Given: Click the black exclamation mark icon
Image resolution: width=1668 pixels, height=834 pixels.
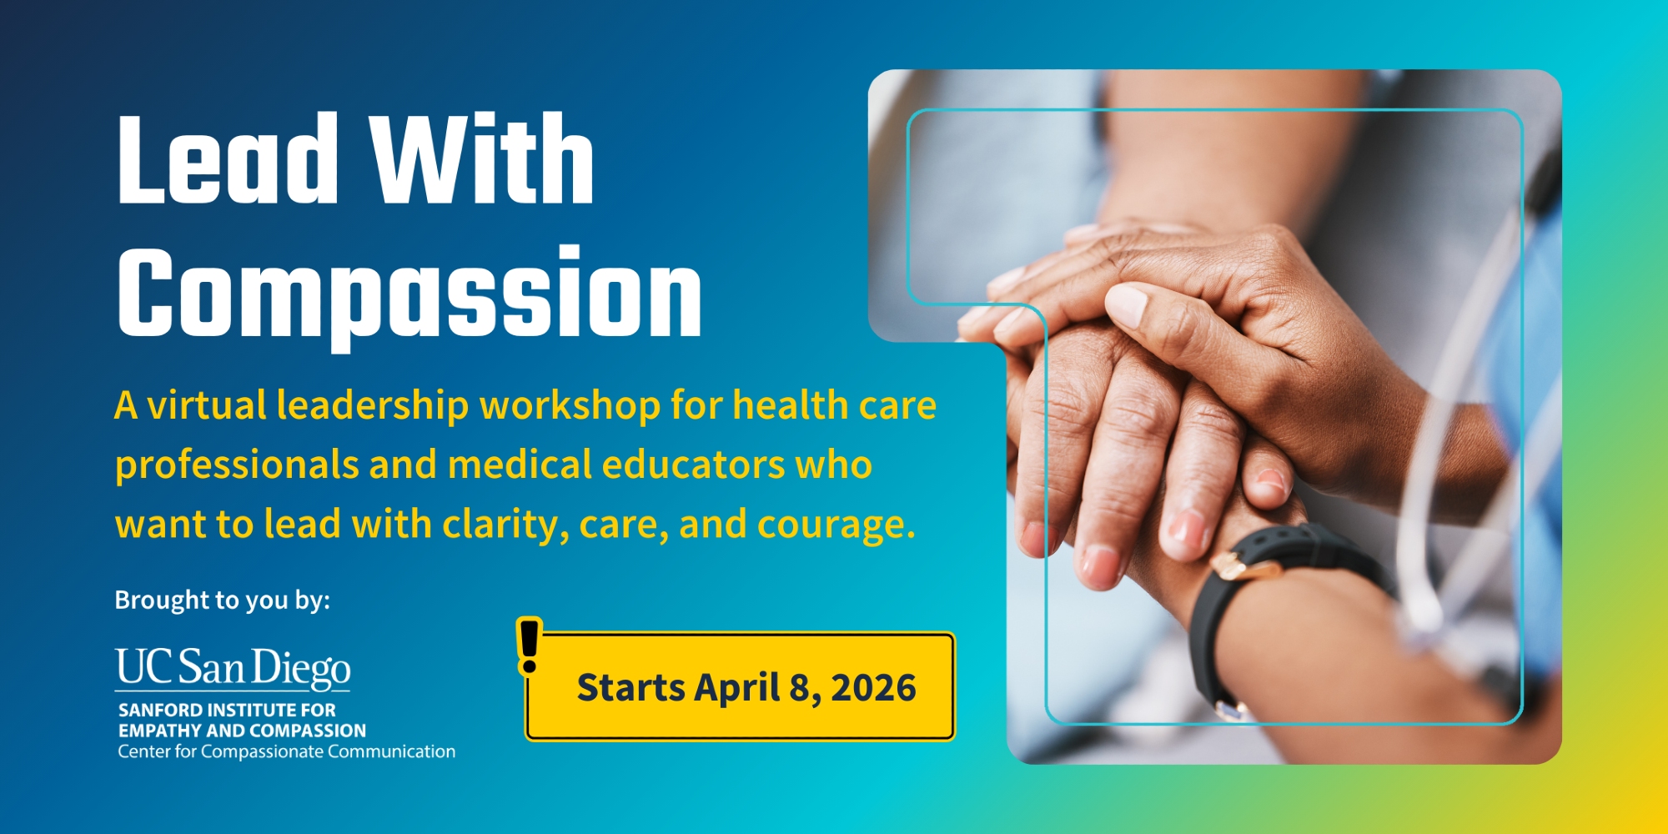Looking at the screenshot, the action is (x=529, y=646).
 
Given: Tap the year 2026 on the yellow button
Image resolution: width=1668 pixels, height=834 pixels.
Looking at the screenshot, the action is (x=873, y=688).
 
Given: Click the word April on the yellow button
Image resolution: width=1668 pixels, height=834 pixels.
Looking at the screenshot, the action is (x=736, y=689).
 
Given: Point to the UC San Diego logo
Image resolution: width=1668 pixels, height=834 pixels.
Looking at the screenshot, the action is (x=233, y=670).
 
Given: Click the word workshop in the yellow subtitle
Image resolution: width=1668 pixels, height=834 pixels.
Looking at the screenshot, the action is (x=570, y=406).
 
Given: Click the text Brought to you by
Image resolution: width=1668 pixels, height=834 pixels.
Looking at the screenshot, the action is (x=222, y=600).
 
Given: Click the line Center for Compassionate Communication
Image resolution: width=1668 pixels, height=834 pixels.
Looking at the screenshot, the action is (x=287, y=752).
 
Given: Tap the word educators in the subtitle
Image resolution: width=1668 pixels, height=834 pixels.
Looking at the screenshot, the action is (x=693, y=465).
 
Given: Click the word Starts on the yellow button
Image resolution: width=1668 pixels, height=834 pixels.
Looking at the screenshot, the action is (x=631, y=688).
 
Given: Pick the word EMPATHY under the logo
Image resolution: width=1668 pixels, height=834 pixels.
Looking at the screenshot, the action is (x=160, y=731).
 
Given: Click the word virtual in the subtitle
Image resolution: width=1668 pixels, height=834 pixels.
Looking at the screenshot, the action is (x=207, y=405).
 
